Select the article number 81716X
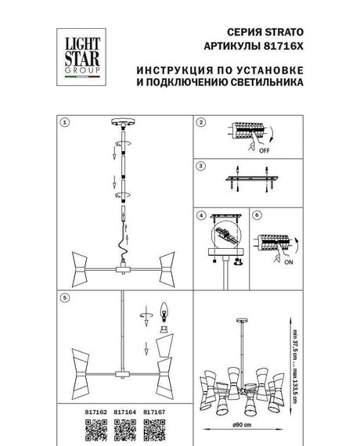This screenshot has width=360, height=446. (x=280, y=46)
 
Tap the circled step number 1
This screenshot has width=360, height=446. (x=66, y=122)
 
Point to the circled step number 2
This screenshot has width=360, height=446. (x=200, y=123)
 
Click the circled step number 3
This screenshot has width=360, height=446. (x=200, y=167)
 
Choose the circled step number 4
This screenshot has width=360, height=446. (x=200, y=214)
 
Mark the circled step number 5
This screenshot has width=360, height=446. (x=66, y=298)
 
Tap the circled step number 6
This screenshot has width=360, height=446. (x=254, y=214)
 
